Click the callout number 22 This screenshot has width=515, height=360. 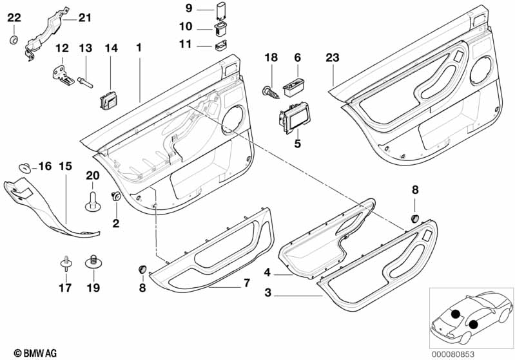(14, 17)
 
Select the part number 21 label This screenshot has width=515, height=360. (86, 17)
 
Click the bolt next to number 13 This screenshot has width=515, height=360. (86, 81)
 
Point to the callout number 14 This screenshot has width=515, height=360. (112, 48)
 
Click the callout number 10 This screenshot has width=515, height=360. (186, 26)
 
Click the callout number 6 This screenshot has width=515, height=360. (297, 57)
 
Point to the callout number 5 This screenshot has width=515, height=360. (297, 144)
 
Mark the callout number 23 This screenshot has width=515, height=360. (332, 57)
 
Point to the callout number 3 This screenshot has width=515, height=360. (267, 293)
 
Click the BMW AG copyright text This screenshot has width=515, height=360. (32, 352)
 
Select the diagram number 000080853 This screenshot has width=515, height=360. (454, 353)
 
